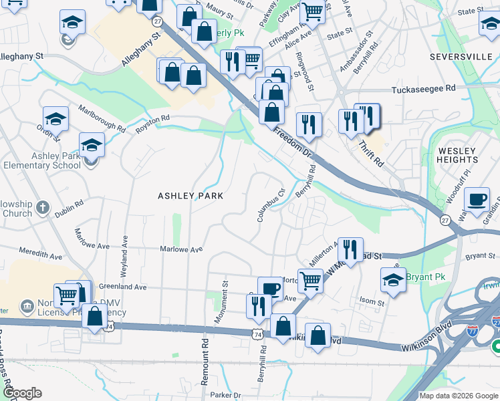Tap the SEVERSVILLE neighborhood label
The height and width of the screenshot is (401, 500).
click(461, 57)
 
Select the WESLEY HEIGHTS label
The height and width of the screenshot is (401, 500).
click(458, 156)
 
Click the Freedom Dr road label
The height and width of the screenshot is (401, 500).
click(293, 142)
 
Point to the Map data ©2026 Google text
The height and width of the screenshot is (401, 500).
click(459, 396)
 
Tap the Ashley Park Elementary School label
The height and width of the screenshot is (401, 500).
click(42, 161)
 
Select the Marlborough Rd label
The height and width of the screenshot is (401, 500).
click(102, 117)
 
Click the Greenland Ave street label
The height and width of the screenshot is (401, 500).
click(122, 287)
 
